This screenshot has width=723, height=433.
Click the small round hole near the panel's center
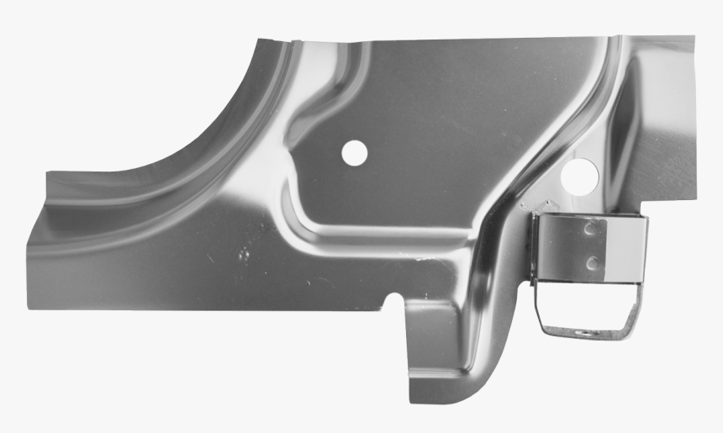(355, 152)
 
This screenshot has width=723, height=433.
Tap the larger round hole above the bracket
(580, 174)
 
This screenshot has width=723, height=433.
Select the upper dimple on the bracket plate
(593, 227)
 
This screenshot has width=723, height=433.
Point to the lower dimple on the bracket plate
(593, 263)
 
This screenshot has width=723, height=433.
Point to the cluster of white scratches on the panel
(243, 252)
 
